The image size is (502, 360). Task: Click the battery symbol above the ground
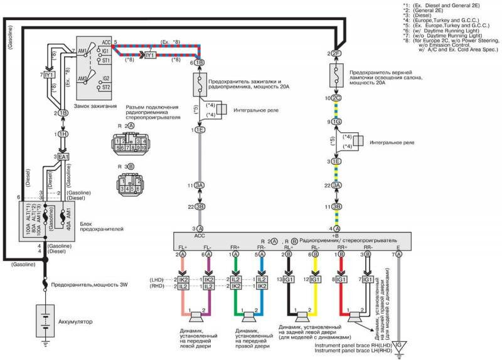[45, 321]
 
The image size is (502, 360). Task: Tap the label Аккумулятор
[76, 321]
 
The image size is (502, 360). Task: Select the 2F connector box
[337, 54]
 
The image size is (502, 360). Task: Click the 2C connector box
[337, 98]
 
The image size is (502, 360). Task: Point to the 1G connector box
[337, 121]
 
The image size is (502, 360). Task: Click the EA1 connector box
[63, 156]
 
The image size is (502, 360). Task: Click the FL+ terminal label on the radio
[183, 247]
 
